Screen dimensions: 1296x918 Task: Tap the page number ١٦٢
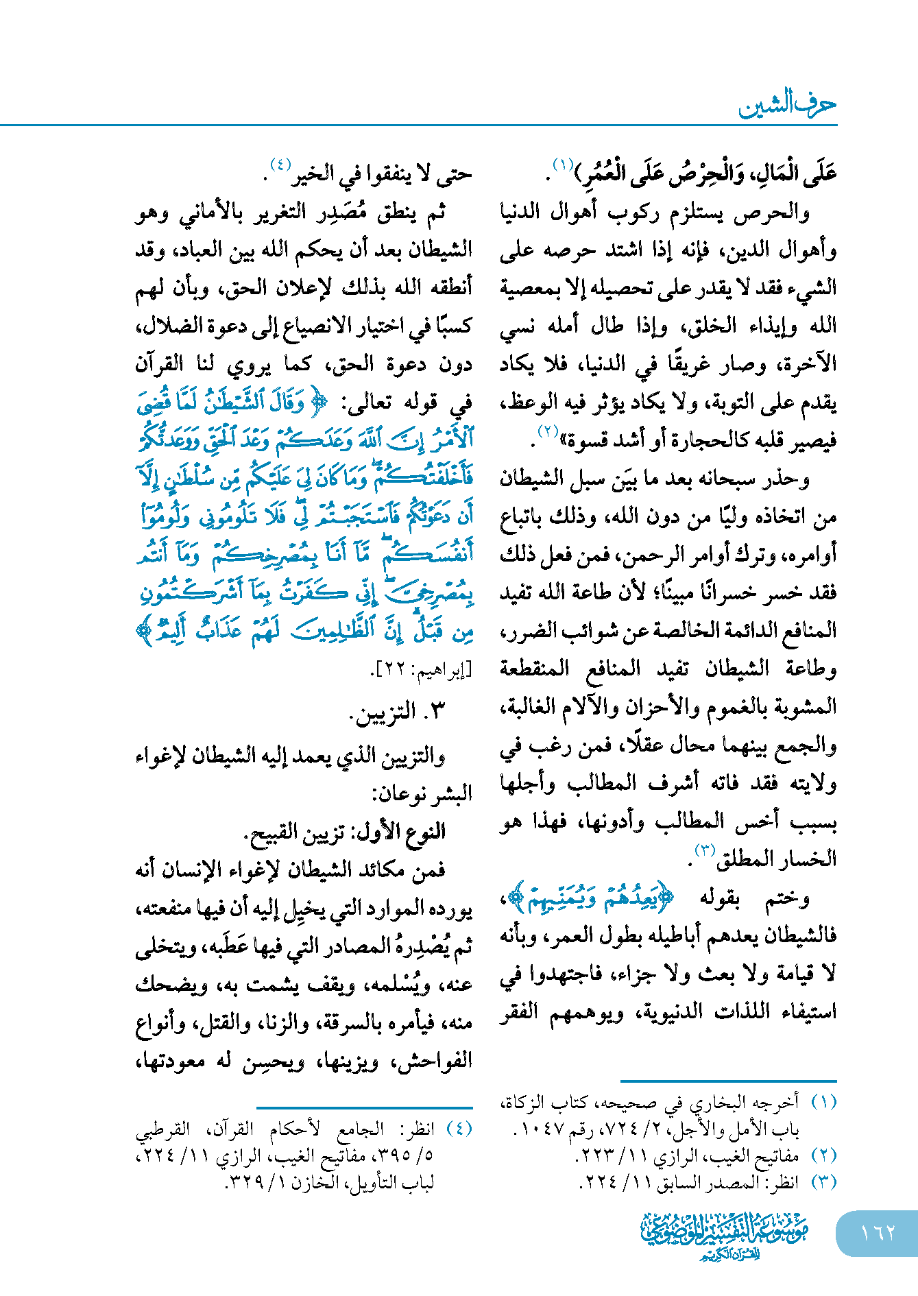click(878, 1232)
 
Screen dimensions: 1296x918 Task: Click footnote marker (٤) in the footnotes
click(459, 1129)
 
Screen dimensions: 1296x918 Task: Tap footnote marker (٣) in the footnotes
click(824, 1182)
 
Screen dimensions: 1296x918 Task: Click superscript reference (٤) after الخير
click(280, 165)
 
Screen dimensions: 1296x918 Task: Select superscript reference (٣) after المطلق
click(705, 850)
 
